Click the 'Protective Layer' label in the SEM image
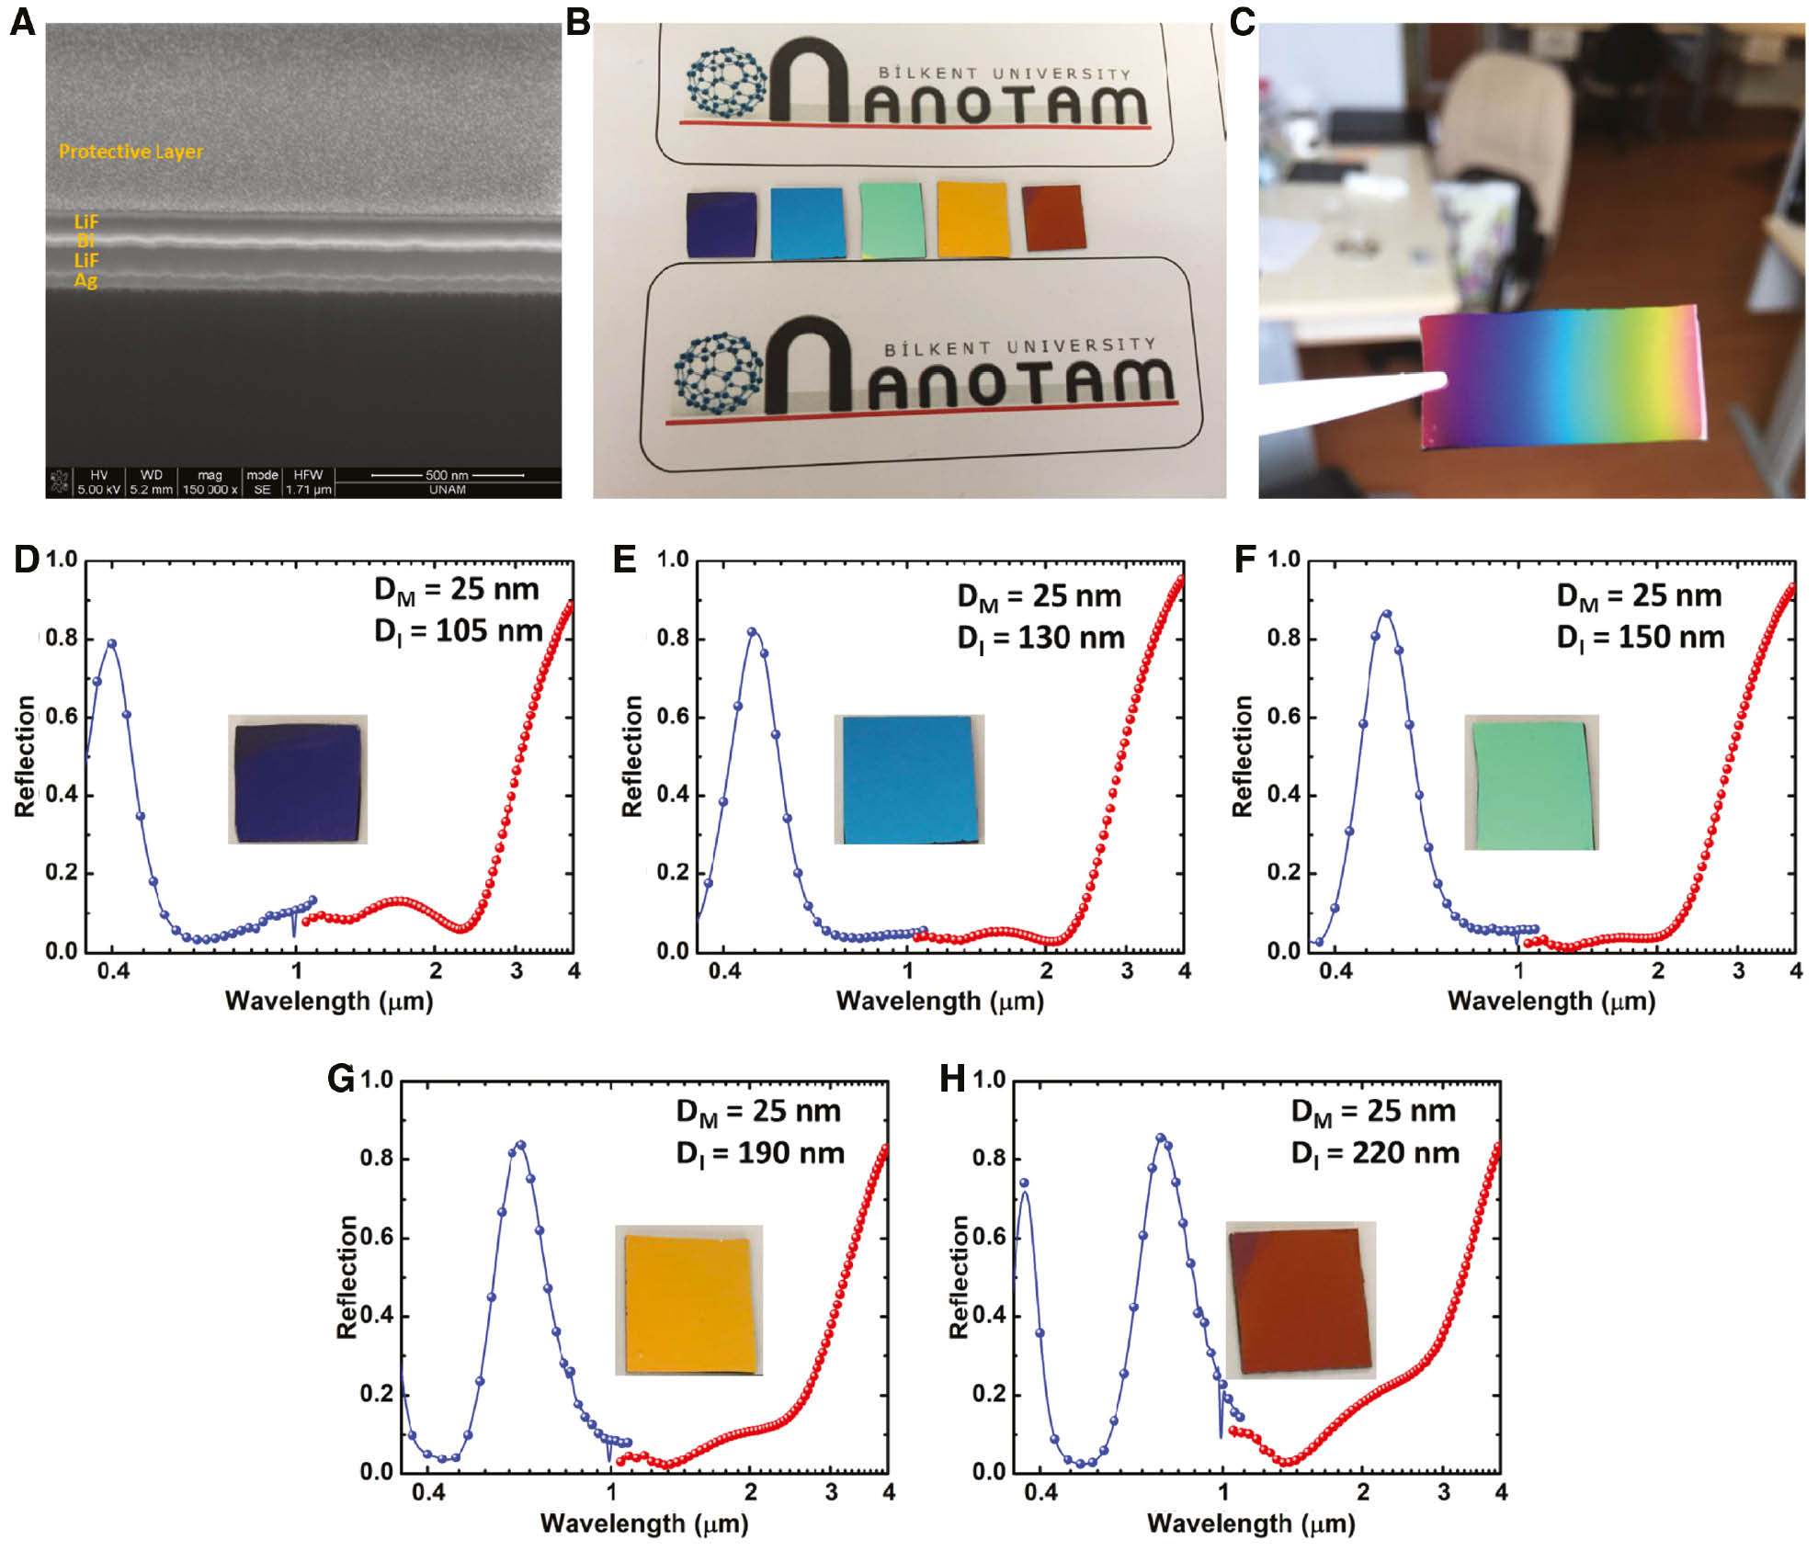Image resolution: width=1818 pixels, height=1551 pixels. pos(131,152)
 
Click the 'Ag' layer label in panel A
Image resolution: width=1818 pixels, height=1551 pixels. pos(85,281)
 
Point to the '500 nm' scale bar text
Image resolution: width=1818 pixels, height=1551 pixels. pos(447,475)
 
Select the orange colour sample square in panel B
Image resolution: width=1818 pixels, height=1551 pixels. pos(972,220)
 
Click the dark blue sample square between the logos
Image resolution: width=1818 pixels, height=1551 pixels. pos(722,225)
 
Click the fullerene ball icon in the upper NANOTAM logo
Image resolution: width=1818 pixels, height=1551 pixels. pos(726,82)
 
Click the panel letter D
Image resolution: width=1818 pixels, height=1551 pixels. pos(25,560)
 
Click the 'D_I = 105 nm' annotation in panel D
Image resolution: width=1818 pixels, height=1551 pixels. pos(457,631)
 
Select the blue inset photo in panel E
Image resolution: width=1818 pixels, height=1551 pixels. pos(908,779)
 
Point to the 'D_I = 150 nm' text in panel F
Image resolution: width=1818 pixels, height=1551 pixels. pos(1640,638)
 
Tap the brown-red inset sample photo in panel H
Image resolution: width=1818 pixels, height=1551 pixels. pos(1301,1300)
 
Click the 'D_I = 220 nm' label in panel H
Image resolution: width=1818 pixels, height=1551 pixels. pos(1374,1153)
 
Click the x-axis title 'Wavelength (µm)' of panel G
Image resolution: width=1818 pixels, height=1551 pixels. pos(644,1523)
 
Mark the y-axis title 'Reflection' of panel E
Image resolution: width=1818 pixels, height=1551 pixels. pos(632,755)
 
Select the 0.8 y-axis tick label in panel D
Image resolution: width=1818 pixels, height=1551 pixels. pos(62,639)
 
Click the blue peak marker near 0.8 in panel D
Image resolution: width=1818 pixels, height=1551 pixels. pos(112,643)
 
